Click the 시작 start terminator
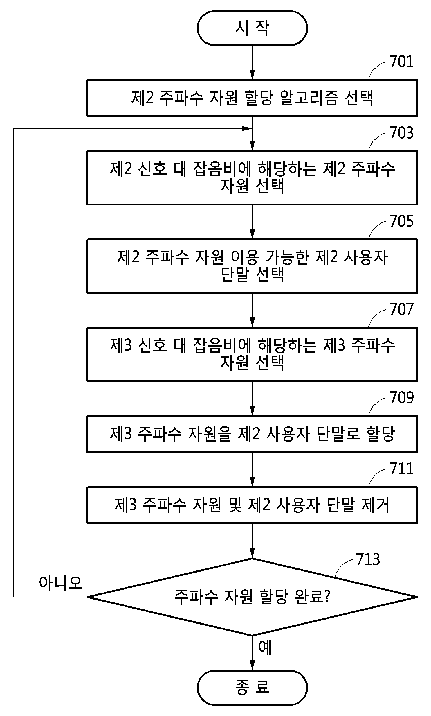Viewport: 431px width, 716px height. [x=252, y=28]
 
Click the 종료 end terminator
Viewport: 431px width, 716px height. [x=252, y=688]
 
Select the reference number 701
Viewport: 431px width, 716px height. [x=401, y=62]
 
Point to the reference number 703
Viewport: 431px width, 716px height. [x=401, y=133]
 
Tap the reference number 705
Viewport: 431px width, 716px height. [x=401, y=221]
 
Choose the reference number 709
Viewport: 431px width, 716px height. [x=401, y=398]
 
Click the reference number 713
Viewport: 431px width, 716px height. [x=368, y=559]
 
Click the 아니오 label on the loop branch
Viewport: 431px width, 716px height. [x=61, y=583]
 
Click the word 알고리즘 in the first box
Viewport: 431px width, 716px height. [x=309, y=98]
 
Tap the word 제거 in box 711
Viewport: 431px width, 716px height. [x=375, y=505]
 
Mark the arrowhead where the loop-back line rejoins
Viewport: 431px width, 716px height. [x=247, y=128]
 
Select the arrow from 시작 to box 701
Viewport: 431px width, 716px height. [x=252, y=62]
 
